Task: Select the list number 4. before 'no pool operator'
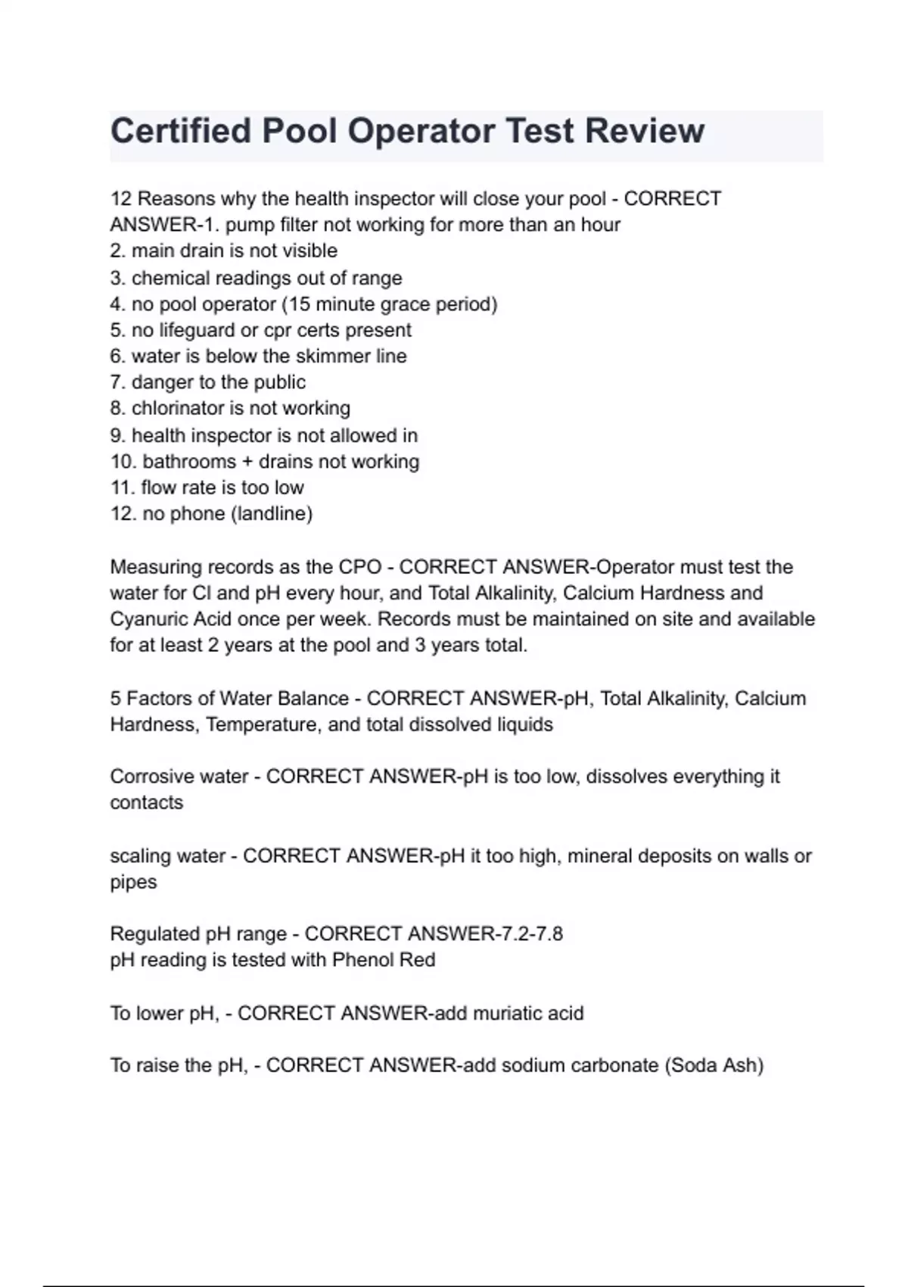tap(118, 304)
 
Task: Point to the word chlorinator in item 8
tap(179, 409)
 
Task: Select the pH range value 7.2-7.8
tap(529, 933)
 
